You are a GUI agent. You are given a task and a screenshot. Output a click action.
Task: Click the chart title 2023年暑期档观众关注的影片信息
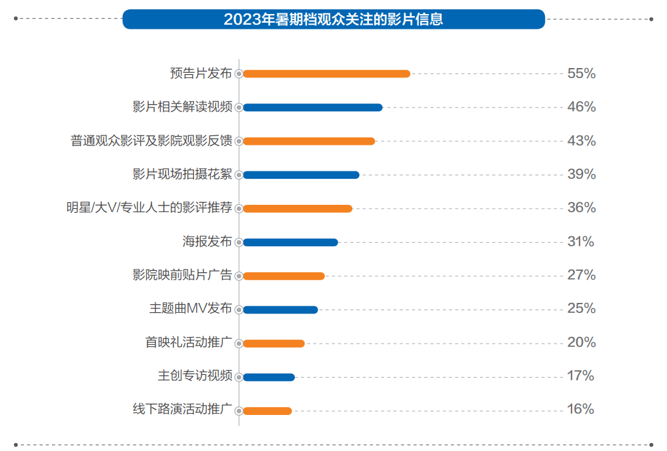[333, 19]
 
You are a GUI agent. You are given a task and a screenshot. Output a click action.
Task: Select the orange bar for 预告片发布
[326, 73]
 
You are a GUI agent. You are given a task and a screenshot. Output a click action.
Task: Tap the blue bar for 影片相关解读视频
[312, 107]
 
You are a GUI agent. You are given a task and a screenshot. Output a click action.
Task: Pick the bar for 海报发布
[290, 242]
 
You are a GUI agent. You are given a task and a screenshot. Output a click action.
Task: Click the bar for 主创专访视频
[268, 377]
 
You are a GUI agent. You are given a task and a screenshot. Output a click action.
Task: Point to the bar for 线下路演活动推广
[267, 411]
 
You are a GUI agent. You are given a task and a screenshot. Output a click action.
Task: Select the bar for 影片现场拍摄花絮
[301, 175]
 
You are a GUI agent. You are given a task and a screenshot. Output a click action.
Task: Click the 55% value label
[581, 73]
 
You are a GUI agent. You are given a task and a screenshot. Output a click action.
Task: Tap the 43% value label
[581, 141]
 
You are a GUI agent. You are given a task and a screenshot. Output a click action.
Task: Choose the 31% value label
[580, 242]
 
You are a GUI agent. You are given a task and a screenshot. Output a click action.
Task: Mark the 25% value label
[581, 309]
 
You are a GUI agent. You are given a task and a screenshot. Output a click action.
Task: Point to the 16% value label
[580, 410]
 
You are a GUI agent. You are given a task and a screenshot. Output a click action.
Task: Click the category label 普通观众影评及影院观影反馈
[151, 141]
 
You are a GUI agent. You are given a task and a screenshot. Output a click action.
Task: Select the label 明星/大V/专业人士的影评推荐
[149, 208]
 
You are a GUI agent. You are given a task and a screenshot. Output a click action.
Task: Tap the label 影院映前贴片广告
[182, 275]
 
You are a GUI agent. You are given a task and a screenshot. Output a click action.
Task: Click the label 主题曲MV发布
[191, 309]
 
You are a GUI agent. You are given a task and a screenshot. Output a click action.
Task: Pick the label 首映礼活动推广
[189, 343]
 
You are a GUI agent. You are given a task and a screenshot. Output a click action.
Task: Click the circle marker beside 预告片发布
[239, 73]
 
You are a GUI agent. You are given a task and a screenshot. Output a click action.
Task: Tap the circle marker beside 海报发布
[239, 242]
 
